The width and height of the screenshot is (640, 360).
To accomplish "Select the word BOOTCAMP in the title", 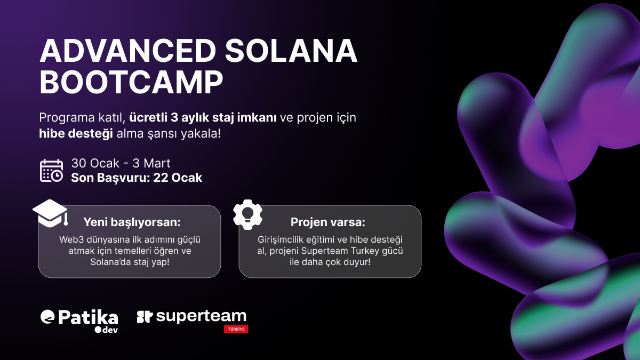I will (x=131, y=84).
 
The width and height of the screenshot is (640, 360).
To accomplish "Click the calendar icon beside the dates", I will (x=52, y=171).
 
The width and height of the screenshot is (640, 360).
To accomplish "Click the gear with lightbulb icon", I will (x=248, y=214).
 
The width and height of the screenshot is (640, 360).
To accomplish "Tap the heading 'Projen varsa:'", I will (x=328, y=222).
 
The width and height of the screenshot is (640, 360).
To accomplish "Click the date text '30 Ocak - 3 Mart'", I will (x=121, y=163).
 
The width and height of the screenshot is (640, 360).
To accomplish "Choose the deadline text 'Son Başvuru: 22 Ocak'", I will (x=137, y=178).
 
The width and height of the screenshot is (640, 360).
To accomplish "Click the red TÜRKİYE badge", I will (x=236, y=329).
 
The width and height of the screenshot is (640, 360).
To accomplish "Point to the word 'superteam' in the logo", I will (x=201, y=316).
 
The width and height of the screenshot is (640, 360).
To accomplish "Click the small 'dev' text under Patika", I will (x=109, y=330).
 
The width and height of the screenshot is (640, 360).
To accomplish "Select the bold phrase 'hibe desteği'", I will (x=76, y=133).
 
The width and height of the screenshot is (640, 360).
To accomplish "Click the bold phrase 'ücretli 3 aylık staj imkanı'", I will (x=203, y=118).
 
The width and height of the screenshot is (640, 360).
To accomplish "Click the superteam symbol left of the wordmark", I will (x=145, y=317).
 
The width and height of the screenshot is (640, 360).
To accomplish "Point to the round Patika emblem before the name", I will (x=47, y=317).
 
